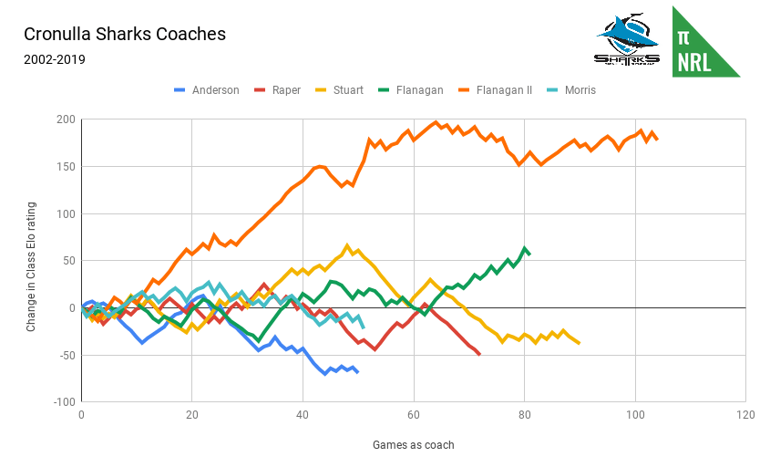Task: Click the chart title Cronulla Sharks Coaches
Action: [x=125, y=35]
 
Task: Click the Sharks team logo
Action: [x=626, y=42]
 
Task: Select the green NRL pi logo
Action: [x=705, y=42]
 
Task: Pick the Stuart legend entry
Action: [x=348, y=90]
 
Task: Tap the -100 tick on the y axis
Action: [x=62, y=402]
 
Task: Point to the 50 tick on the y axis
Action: [x=67, y=261]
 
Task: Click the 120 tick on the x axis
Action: [x=745, y=415]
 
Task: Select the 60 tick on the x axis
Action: [x=414, y=415]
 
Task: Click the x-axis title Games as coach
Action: [x=413, y=445]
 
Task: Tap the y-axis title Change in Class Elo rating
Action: [x=32, y=261]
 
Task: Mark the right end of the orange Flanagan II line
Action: [x=657, y=139]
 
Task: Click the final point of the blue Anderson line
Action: [x=357, y=372]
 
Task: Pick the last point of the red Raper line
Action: [x=479, y=354]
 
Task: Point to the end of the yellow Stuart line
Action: [x=579, y=343]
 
